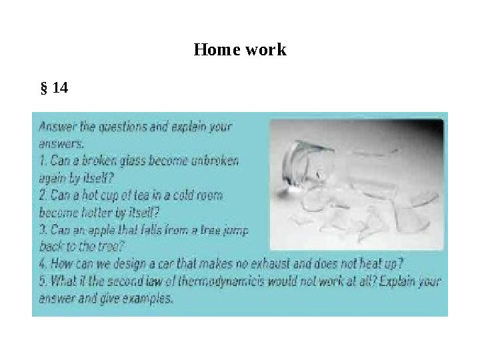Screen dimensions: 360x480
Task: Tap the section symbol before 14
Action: [44, 87]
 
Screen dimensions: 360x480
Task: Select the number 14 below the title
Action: [60, 87]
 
